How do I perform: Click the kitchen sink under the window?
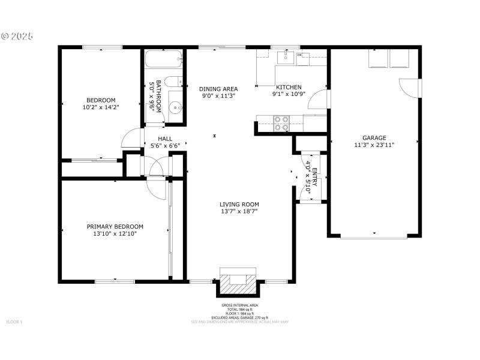click(286, 58)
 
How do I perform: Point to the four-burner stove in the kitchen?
click(281, 123)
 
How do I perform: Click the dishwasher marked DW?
click(300, 58)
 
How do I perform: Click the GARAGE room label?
click(374, 137)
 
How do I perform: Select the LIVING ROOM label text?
click(239, 204)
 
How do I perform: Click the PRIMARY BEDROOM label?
click(115, 226)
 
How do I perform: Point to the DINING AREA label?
click(218, 88)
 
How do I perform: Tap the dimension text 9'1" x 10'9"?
click(289, 94)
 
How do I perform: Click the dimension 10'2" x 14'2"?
click(101, 108)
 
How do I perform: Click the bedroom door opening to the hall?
click(131, 139)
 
